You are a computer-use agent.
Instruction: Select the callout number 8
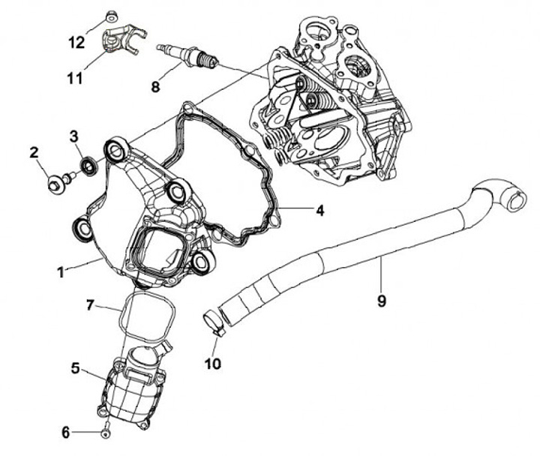pos(156,87)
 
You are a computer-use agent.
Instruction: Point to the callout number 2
pos(34,153)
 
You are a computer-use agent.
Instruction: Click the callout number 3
pos(74,136)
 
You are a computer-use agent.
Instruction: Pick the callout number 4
pos(319,211)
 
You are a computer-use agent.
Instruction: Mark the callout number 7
pos(90,305)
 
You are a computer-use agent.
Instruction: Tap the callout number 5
pos(75,368)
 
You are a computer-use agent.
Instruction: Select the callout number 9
pos(382,301)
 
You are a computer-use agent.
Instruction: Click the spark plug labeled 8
pos(187,55)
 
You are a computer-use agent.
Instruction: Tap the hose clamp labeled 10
pos(214,321)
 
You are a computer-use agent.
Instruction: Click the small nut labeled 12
pos(111,14)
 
